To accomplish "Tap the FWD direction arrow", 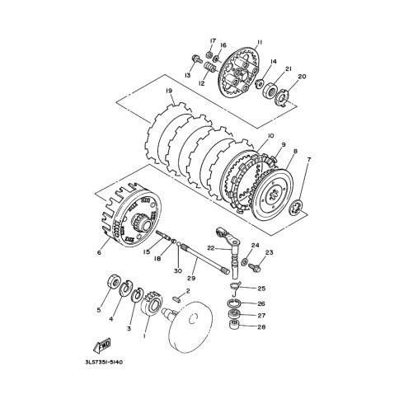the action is point(102,345).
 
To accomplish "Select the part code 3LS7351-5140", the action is point(104,362).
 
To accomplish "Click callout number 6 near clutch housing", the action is point(99,252).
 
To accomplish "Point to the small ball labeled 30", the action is point(179,243).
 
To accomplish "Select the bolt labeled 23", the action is point(254,266).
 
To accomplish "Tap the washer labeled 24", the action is point(244,262).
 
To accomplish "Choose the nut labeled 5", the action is point(114,281).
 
